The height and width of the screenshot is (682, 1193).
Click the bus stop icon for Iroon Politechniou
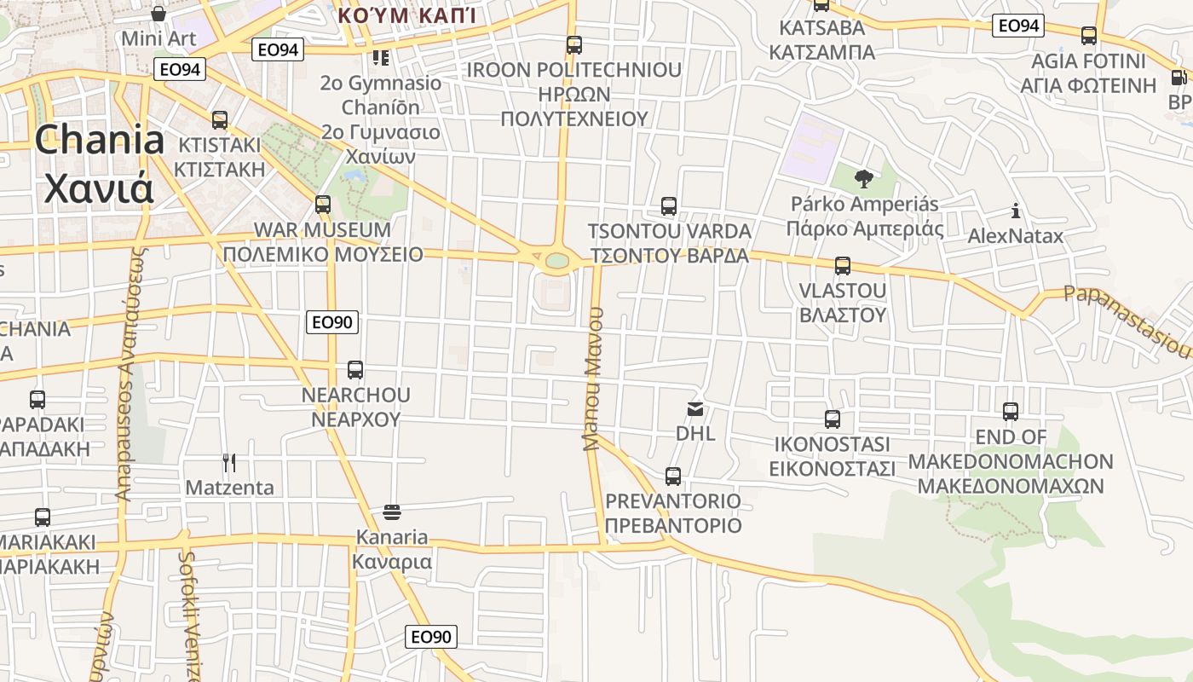(x=574, y=45)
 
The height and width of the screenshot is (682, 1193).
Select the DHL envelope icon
(x=695, y=409)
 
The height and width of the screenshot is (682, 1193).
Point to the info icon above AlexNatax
(x=1015, y=211)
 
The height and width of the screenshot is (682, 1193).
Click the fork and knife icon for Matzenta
(x=229, y=463)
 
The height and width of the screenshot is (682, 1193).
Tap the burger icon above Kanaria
(x=392, y=512)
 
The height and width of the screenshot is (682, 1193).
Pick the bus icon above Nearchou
(x=355, y=370)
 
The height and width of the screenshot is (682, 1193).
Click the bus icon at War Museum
(x=323, y=205)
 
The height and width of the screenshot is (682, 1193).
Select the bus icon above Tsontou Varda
(x=669, y=206)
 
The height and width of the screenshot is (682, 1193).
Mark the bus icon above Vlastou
(x=843, y=266)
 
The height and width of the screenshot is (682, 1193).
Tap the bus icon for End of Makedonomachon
(x=1011, y=412)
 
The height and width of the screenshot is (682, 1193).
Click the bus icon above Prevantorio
(x=673, y=477)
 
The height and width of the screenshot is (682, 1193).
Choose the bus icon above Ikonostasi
(x=833, y=419)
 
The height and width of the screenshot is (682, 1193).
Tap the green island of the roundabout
(x=557, y=260)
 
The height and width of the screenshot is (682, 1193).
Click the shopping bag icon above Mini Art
(x=158, y=14)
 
